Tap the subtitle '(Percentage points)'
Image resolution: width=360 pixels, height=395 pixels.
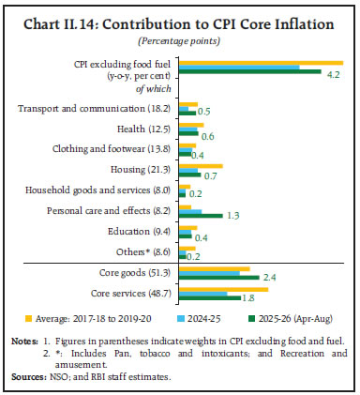click(180, 42)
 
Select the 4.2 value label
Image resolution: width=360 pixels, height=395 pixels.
click(333, 76)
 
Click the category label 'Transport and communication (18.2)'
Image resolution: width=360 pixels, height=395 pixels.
click(95, 109)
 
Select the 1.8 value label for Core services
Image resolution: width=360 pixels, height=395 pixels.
click(249, 298)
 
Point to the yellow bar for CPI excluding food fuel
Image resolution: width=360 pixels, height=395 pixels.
click(262, 62)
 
